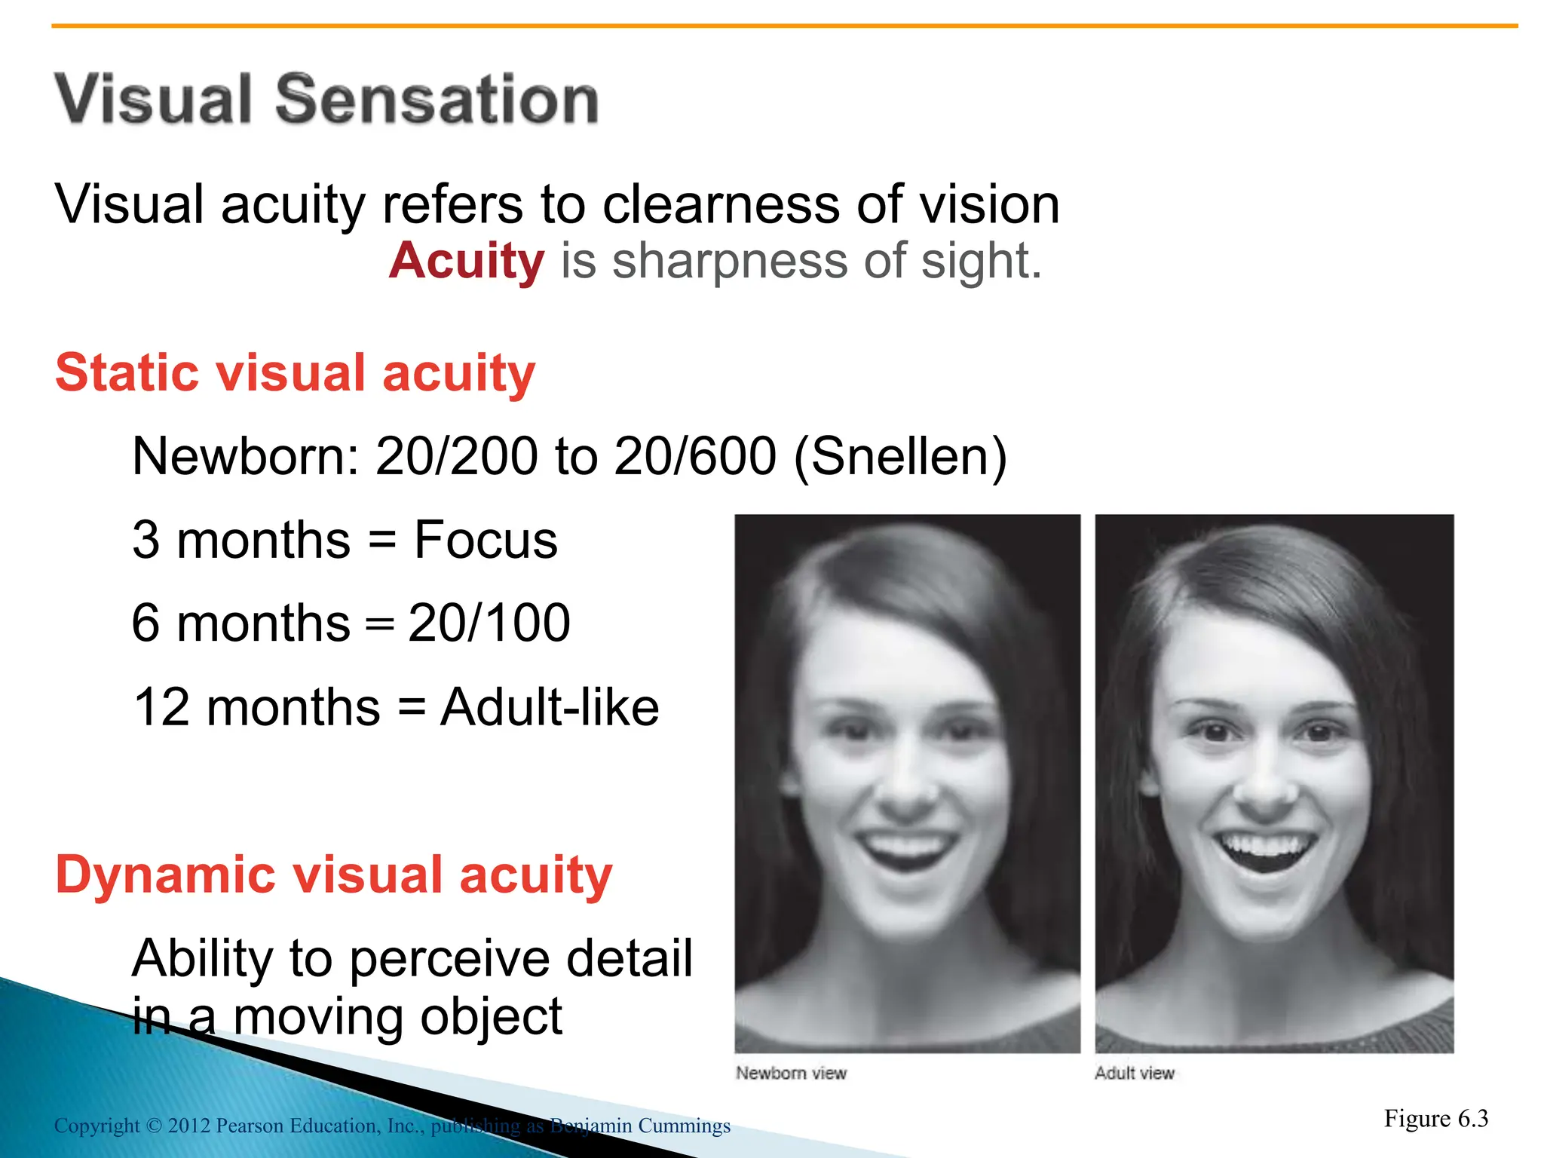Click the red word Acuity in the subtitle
[467, 261]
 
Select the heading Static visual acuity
[295, 372]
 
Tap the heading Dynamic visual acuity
[333, 875]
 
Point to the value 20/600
[694, 456]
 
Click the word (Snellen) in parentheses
[900, 456]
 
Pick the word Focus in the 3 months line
[486, 540]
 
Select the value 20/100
[489, 623]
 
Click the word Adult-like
[550, 707]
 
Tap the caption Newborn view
[791, 1073]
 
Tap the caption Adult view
[1134, 1073]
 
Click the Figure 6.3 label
[1435, 1118]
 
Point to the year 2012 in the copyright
[188, 1126]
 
